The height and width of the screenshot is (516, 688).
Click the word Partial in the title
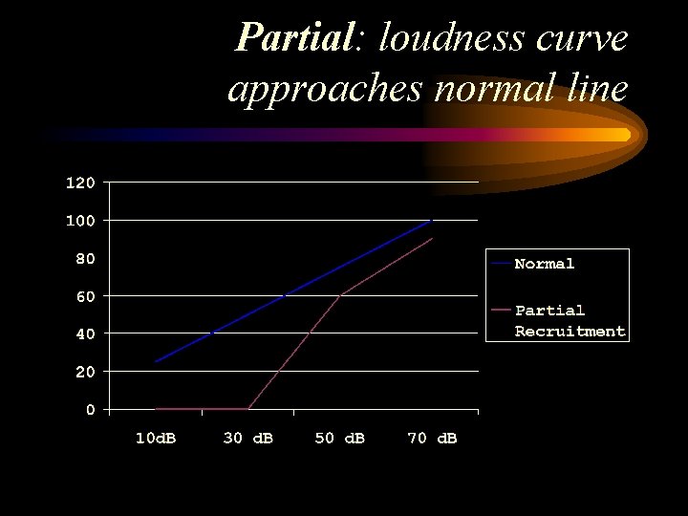point(294,38)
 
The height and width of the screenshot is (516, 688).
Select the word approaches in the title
point(325,89)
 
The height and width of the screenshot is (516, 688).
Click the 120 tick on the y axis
point(80,183)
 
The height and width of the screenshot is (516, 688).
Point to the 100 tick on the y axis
point(80,221)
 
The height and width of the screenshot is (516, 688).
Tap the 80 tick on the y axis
point(85,258)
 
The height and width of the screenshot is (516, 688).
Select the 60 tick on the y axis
point(85,296)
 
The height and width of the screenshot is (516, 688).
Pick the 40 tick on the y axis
point(85,333)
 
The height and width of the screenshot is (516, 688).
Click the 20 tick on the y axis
point(85,372)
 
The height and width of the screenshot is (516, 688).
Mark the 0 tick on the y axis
point(90,409)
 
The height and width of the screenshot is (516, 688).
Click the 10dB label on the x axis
point(154,438)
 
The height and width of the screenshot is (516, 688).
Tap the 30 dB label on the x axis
point(247,438)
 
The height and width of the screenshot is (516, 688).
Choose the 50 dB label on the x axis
point(339,438)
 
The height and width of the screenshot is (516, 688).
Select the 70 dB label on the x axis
point(432,438)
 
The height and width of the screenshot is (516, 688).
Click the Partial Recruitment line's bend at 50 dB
point(340,295)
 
